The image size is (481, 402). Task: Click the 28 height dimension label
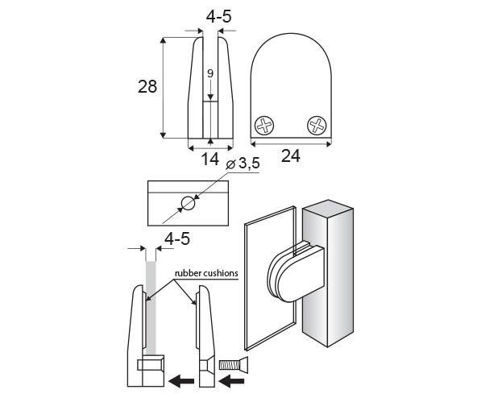(147, 86)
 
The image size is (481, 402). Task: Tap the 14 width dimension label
(209, 160)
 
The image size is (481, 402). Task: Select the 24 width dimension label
(291, 156)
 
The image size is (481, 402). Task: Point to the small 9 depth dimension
(210, 73)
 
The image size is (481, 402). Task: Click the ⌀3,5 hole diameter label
(243, 164)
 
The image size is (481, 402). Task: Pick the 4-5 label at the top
(218, 16)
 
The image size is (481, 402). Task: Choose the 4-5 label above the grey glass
(177, 238)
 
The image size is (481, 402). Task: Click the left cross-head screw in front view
(264, 126)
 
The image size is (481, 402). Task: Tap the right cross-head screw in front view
(317, 126)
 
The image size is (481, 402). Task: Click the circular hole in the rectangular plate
(188, 203)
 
